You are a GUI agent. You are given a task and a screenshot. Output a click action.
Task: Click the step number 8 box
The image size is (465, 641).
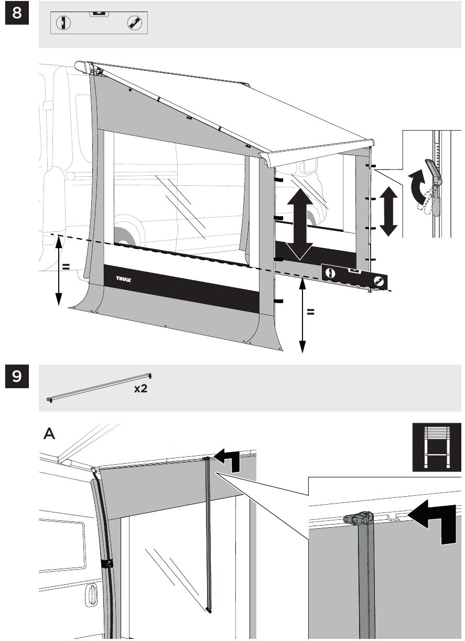pyautogui.click(x=17, y=13)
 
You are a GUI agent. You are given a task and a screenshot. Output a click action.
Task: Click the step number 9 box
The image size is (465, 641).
pyautogui.click(x=17, y=376)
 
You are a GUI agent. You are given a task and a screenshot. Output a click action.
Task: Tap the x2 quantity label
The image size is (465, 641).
pyautogui.click(x=140, y=389)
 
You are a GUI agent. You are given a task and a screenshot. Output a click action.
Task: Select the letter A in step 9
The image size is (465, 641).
pyautogui.click(x=49, y=433)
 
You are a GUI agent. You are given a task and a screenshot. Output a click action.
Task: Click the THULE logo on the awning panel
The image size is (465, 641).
pyautogui.click(x=124, y=279)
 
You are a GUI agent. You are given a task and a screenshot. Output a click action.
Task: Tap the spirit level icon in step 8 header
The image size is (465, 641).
pyautogui.click(x=99, y=23)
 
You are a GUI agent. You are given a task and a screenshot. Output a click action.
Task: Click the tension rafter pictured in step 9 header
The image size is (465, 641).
pyautogui.click(x=99, y=388)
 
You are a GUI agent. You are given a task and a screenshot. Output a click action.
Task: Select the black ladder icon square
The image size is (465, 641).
pyautogui.click(x=437, y=447)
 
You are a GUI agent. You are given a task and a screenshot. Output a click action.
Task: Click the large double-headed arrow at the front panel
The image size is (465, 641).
pyautogui.click(x=300, y=224)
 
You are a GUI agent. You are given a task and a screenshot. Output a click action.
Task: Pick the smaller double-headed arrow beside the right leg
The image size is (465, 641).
pyautogui.click(x=388, y=211)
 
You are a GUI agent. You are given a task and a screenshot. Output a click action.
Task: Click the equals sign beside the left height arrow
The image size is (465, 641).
pyautogui.click(x=66, y=266)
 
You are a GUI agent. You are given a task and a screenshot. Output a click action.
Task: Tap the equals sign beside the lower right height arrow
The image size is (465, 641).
pyautogui.click(x=310, y=312)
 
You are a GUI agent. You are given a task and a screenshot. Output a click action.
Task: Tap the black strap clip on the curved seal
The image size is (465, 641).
pyautogui.click(x=107, y=564)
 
